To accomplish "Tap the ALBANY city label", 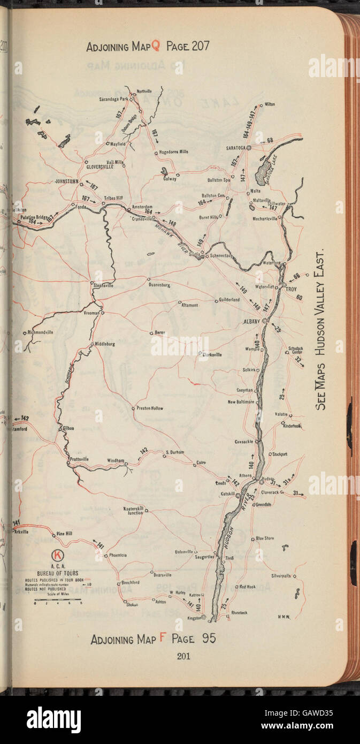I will [251, 321].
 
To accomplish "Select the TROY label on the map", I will [291, 290].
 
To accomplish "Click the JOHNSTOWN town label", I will [67, 181].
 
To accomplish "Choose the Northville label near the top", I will [144, 91].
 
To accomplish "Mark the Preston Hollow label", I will [149, 408].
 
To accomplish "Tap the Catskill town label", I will [228, 494].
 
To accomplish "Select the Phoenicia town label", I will [118, 555].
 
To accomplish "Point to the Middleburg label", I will [105, 344].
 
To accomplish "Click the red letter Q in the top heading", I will [156, 46].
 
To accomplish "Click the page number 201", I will [183, 656].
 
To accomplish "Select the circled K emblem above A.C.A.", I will [57, 555].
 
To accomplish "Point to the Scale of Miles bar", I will [58, 599].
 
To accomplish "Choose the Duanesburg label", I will [159, 285].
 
